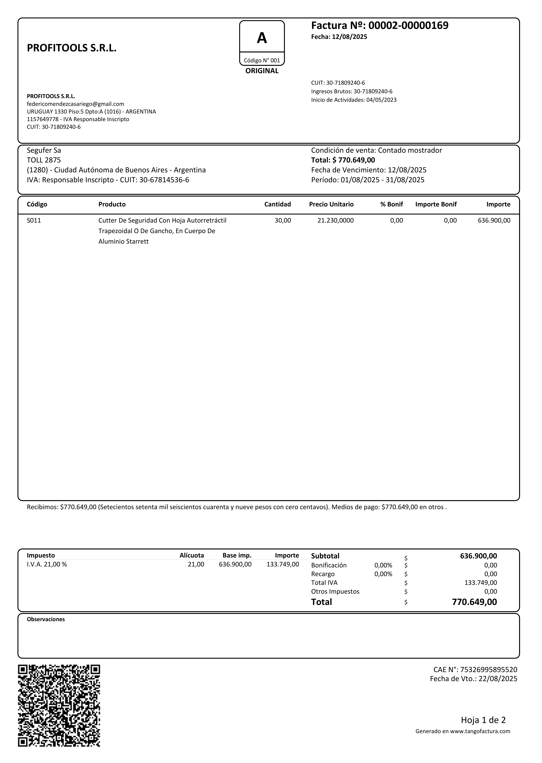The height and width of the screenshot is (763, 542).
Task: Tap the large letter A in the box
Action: point(262,38)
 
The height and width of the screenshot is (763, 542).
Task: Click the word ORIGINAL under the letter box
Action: point(262,71)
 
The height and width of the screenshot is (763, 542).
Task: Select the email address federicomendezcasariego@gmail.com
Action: point(75,104)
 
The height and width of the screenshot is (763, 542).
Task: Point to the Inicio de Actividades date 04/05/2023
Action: point(382,100)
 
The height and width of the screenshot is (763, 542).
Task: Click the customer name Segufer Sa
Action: point(44,150)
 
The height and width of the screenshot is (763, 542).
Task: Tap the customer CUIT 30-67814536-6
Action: point(164,180)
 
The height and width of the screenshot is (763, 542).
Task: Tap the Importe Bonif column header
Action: point(436,204)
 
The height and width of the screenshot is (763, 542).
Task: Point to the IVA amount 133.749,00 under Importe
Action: point(283,564)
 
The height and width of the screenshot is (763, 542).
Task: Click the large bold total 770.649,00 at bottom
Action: point(474,602)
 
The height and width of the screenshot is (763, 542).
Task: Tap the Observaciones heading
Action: point(46,619)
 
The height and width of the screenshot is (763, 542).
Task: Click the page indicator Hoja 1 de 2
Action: point(483,720)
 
